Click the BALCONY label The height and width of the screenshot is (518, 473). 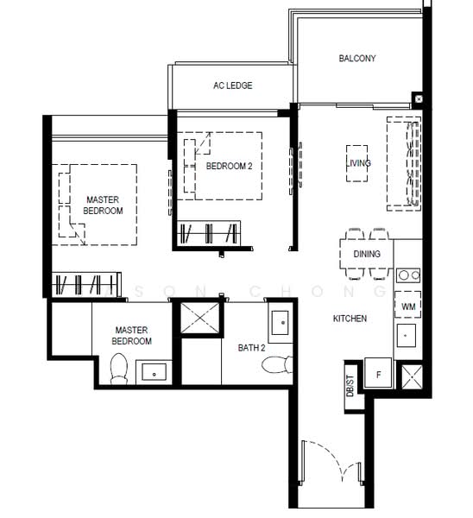click(x=357, y=59)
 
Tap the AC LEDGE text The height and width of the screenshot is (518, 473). click(x=232, y=85)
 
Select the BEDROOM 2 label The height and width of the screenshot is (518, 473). click(x=229, y=166)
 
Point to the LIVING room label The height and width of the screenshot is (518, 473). click(x=358, y=163)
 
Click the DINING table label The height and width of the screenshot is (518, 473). click(x=367, y=254)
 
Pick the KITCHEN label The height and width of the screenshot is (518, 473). click(x=350, y=319)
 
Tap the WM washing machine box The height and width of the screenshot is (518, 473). click(x=408, y=305)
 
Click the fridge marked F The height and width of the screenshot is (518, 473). click(x=378, y=373)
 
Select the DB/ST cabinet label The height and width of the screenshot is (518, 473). click(x=350, y=386)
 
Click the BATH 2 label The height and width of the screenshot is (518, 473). click(x=251, y=348)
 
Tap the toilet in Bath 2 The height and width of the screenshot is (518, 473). click(x=277, y=364)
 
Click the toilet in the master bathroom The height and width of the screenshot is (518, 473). click(x=118, y=369)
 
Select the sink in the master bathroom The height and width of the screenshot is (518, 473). click(x=154, y=372)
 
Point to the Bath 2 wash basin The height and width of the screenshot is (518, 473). click(x=281, y=322)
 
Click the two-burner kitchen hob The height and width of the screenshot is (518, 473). click(x=408, y=275)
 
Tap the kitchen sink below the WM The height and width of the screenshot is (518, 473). click(x=406, y=335)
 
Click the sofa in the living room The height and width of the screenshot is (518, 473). click(x=404, y=163)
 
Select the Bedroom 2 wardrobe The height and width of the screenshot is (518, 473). click(x=209, y=233)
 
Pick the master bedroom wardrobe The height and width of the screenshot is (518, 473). click(x=86, y=284)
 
